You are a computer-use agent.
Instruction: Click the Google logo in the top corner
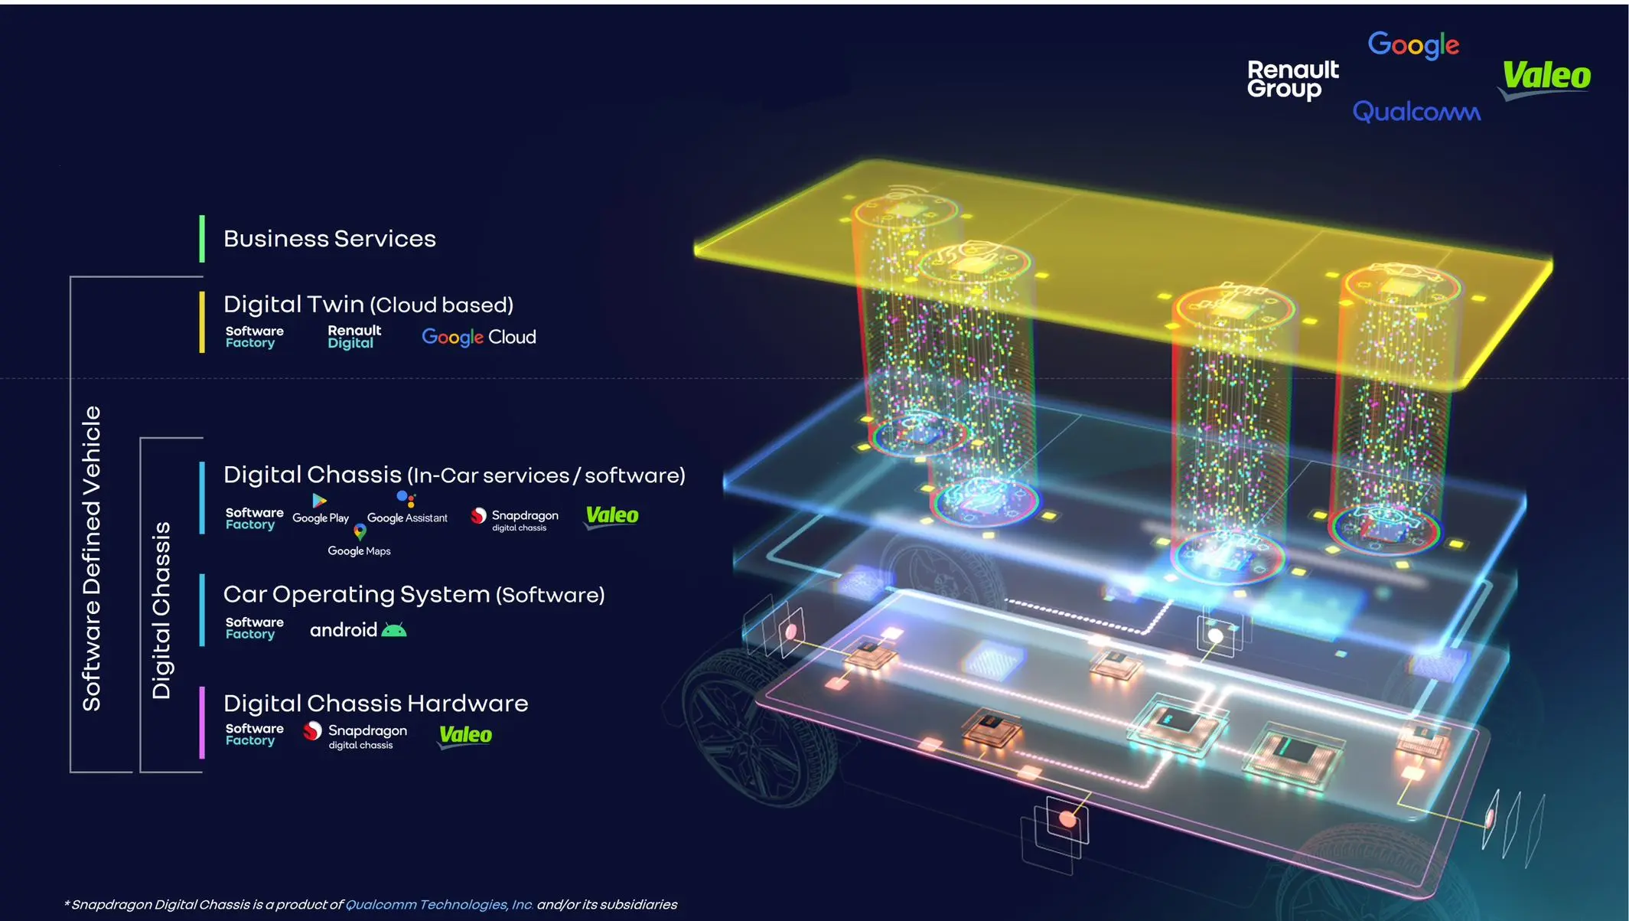point(1413,44)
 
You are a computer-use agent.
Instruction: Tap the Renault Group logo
point(1292,80)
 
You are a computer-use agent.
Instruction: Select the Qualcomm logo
point(1416,112)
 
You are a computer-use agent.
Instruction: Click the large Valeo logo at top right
point(1545,79)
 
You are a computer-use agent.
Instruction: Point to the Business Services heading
point(330,239)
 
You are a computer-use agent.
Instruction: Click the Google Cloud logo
point(479,338)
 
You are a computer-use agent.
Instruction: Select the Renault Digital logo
point(354,337)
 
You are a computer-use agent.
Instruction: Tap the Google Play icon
point(319,501)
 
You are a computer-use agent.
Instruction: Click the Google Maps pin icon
point(360,531)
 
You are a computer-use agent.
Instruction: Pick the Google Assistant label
point(407,518)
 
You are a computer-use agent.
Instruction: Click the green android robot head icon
point(394,630)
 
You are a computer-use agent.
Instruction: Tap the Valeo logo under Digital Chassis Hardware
point(465,736)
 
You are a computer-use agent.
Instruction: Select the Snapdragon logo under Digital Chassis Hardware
point(355,735)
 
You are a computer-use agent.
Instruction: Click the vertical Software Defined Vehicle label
point(92,559)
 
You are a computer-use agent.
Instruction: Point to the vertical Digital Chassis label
point(161,611)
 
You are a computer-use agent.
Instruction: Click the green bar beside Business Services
point(202,239)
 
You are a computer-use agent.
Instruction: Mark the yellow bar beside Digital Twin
point(202,322)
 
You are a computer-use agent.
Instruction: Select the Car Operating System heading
point(414,595)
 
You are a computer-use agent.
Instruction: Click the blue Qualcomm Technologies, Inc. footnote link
point(439,905)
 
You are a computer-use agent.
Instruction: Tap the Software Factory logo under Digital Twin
point(254,337)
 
